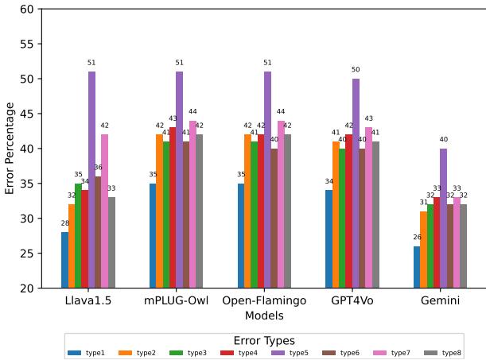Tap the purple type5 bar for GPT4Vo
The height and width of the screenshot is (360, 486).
click(x=356, y=183)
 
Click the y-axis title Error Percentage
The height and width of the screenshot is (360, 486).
click(x=10, y=148)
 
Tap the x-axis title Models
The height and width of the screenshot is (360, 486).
click(x=264, y=316)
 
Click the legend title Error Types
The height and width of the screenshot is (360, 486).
click(x=264, y=340)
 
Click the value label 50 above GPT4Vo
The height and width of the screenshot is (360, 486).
click(x=356, y=70)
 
